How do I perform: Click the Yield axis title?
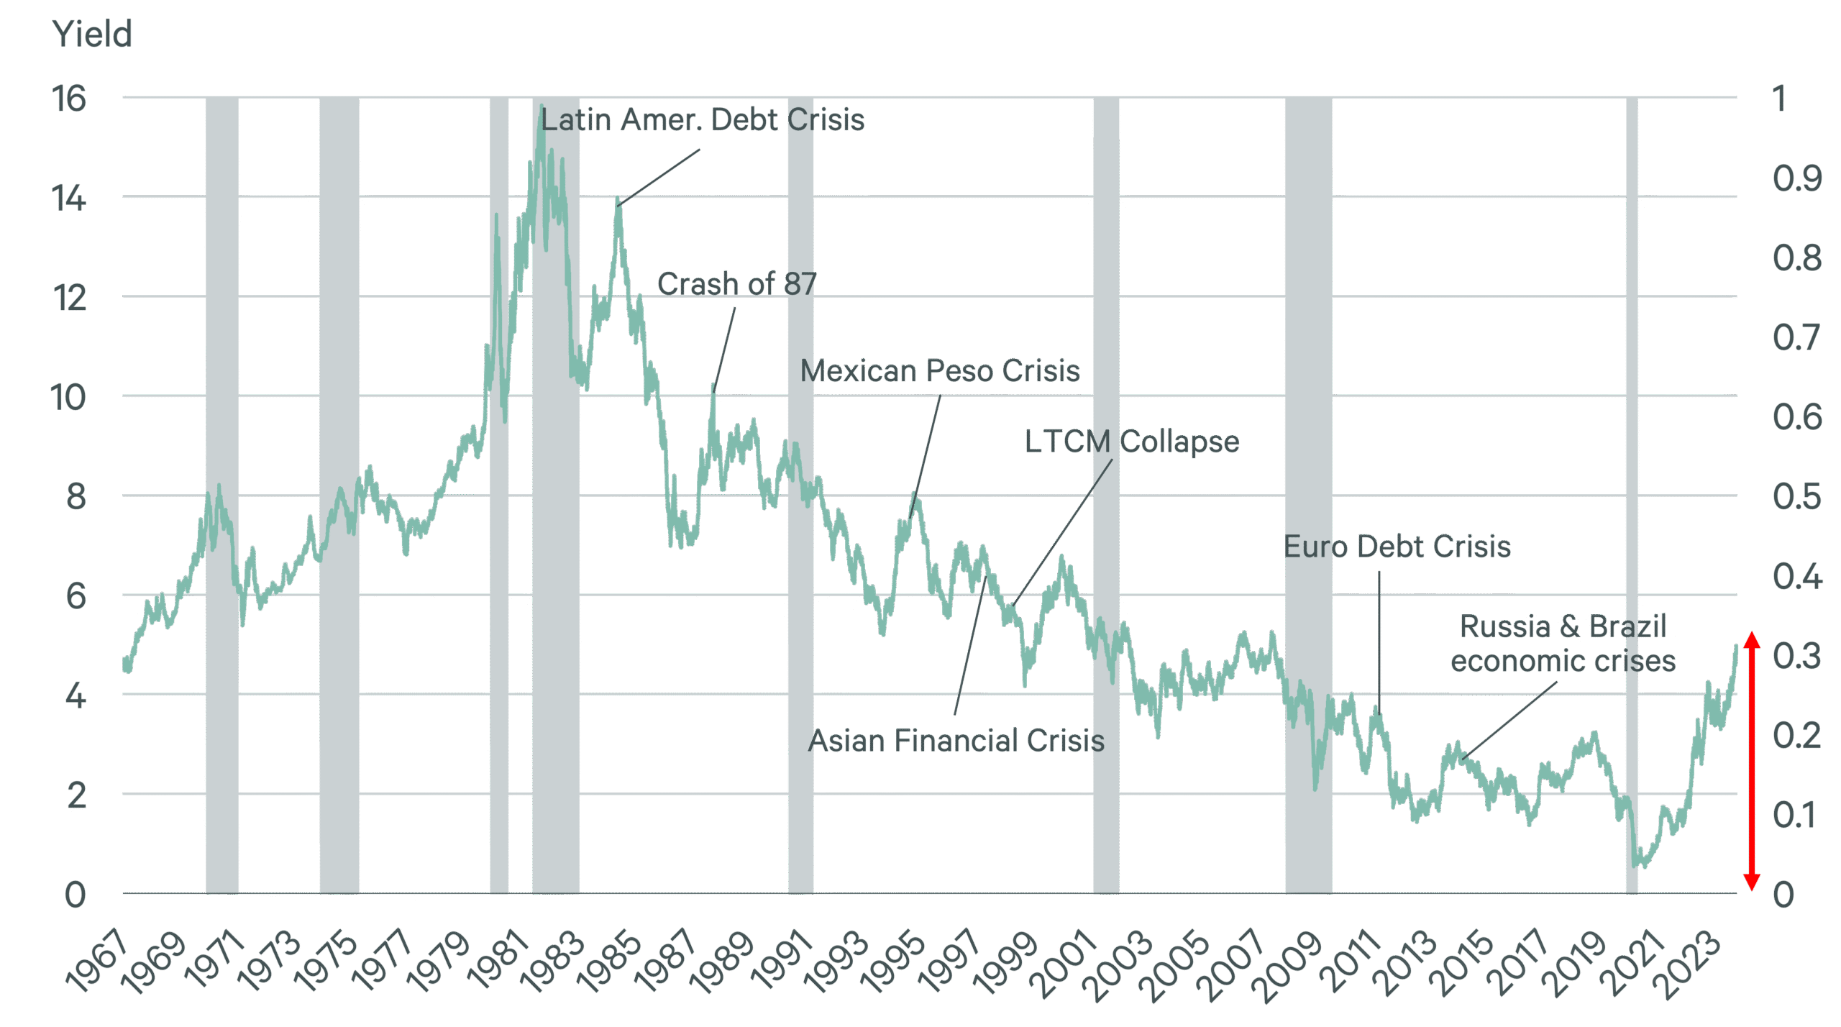tap(92, 34)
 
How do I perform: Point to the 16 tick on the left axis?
tap(69, 99)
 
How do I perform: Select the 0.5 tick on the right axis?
tap(1796, 497)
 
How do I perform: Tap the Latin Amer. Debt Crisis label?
tap(702, 120)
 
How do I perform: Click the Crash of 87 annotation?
tap(736, 284)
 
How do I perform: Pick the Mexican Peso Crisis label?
tap(939, 371)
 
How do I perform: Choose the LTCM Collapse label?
tap(1131, 442)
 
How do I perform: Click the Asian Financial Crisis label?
tap(956, 741)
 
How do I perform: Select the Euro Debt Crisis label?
tap(1397, 547)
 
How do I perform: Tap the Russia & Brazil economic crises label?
tap(1562, 644)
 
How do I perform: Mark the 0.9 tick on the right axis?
tap(1796, 178)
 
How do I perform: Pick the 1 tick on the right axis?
tap(1779, 99)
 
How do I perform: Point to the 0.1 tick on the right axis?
tap(1796, 816)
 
